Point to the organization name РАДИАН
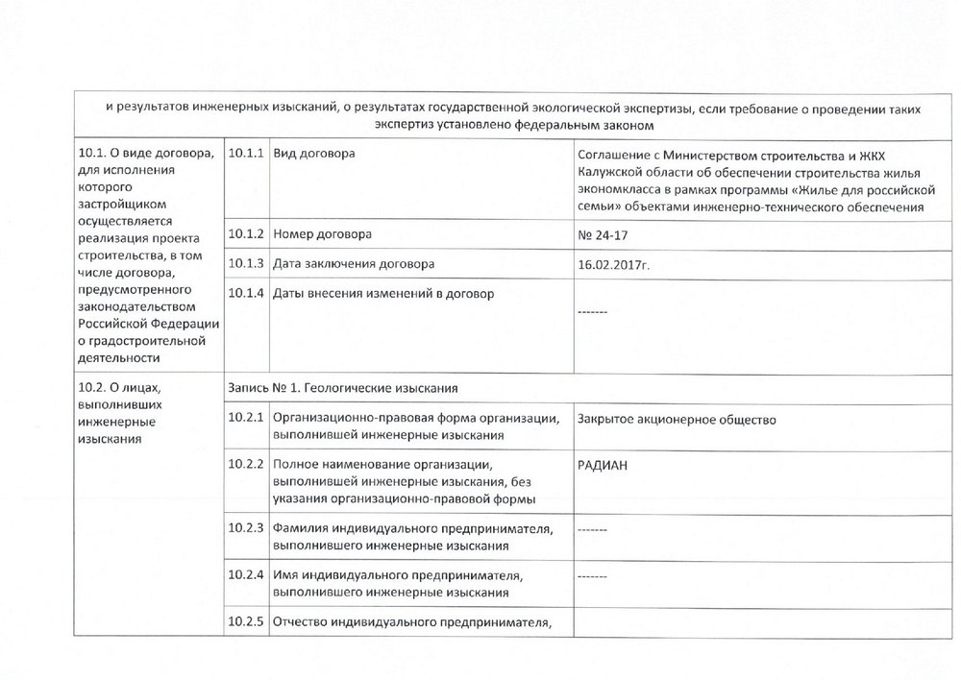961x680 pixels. [604, 464]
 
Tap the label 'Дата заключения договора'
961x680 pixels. [354, 263]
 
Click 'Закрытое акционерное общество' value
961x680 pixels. [677, 420]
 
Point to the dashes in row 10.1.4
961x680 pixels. [594, 310]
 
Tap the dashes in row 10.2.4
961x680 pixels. [594, 575]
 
